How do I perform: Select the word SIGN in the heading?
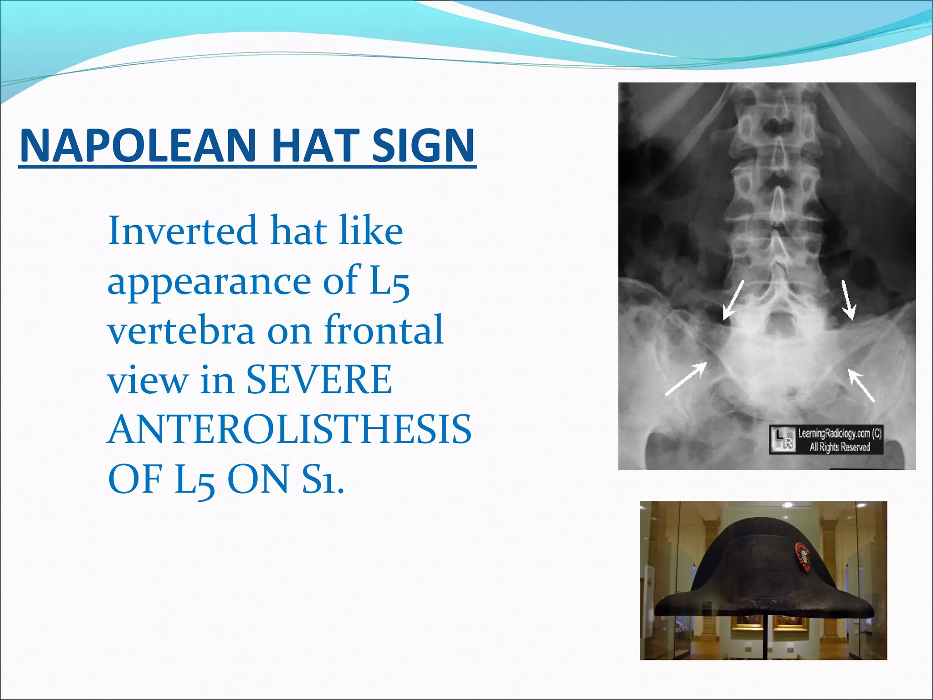point(423,145)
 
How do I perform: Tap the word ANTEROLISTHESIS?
point(289,430)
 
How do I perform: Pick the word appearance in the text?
point(208,281)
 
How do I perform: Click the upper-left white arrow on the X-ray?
point(733,299)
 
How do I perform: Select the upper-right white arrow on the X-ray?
point(848,299)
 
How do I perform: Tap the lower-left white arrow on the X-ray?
point(686,379)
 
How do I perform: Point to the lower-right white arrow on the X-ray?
point(861,385)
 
